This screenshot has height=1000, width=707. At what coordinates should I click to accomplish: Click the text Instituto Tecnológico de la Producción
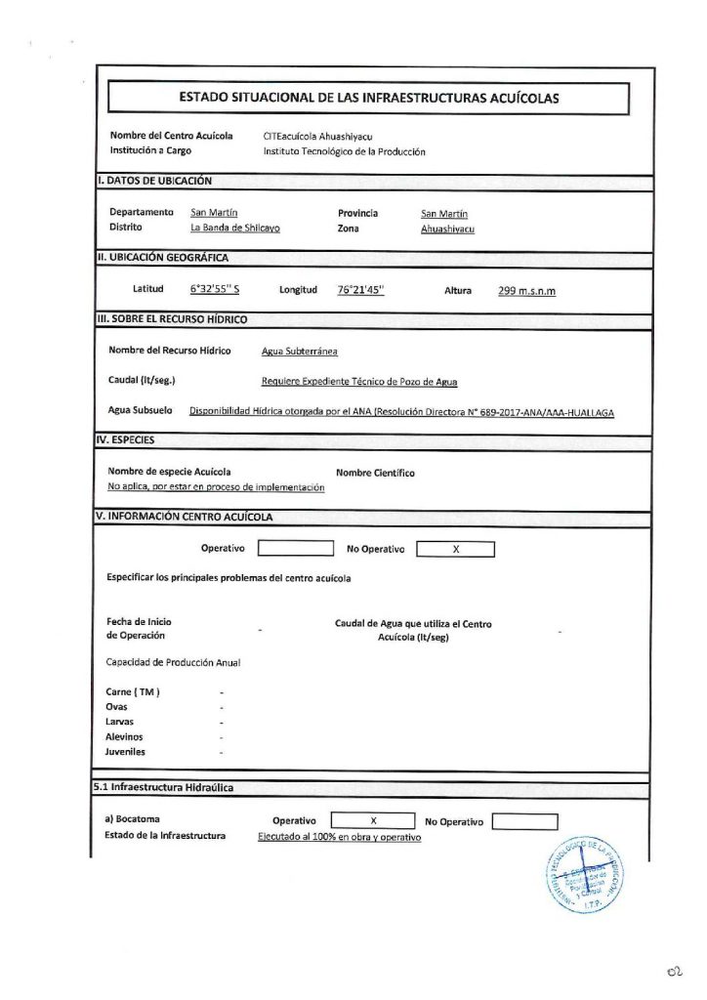(345, 151)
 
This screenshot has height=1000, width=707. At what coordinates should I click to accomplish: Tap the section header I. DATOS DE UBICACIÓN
(155, 181)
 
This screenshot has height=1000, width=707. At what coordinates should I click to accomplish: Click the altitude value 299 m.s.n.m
(526, 290)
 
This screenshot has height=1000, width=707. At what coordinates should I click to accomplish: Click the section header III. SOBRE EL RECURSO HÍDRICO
(171, 319)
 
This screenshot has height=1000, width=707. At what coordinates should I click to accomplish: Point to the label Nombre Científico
(375, 473)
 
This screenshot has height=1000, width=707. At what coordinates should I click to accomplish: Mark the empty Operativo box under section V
(295, 549)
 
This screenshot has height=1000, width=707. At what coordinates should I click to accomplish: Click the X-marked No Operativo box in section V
(456, 549)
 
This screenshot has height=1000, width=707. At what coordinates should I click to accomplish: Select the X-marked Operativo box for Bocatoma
(374, 821)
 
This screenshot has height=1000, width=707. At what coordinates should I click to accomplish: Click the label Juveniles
(125, 753)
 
